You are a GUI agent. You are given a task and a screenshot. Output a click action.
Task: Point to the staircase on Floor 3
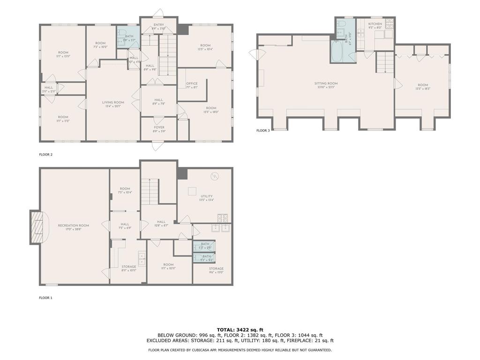385,62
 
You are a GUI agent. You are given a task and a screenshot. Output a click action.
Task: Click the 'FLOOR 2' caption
46,154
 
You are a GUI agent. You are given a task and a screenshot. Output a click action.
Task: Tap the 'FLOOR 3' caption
263,131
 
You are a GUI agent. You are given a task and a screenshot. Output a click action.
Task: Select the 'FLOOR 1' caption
46,298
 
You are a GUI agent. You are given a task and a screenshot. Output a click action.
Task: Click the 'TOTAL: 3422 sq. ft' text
240,330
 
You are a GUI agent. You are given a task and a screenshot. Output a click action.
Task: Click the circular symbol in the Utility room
214,176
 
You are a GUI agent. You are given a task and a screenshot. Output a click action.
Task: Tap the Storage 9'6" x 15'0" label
216,270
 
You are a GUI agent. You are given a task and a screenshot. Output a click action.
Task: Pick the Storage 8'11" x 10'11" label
125,269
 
